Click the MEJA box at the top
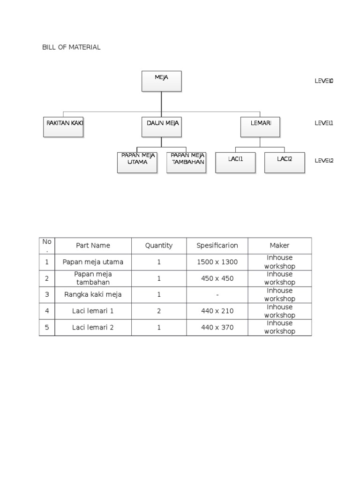coord(161,81)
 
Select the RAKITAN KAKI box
coord(63,127)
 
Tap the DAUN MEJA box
coord(161,127)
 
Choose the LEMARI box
coord(260,127)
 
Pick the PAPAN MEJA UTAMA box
coord(137,162)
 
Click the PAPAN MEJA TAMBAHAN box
coord(186,162)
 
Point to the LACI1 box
coord(235,162)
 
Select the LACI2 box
coord(285,162)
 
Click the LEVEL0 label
coord(323,81)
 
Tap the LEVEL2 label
coord(323,160)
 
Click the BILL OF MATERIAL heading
coord(71,47)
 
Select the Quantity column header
coord(159,246)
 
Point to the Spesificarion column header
coord(217,246)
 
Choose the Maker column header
coord(279,246)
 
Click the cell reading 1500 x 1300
coord(217,262)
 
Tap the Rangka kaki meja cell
coord(93,294)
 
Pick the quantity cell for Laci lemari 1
coord(159,311)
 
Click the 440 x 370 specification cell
coord(217,327)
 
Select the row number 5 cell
coord(47,327)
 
